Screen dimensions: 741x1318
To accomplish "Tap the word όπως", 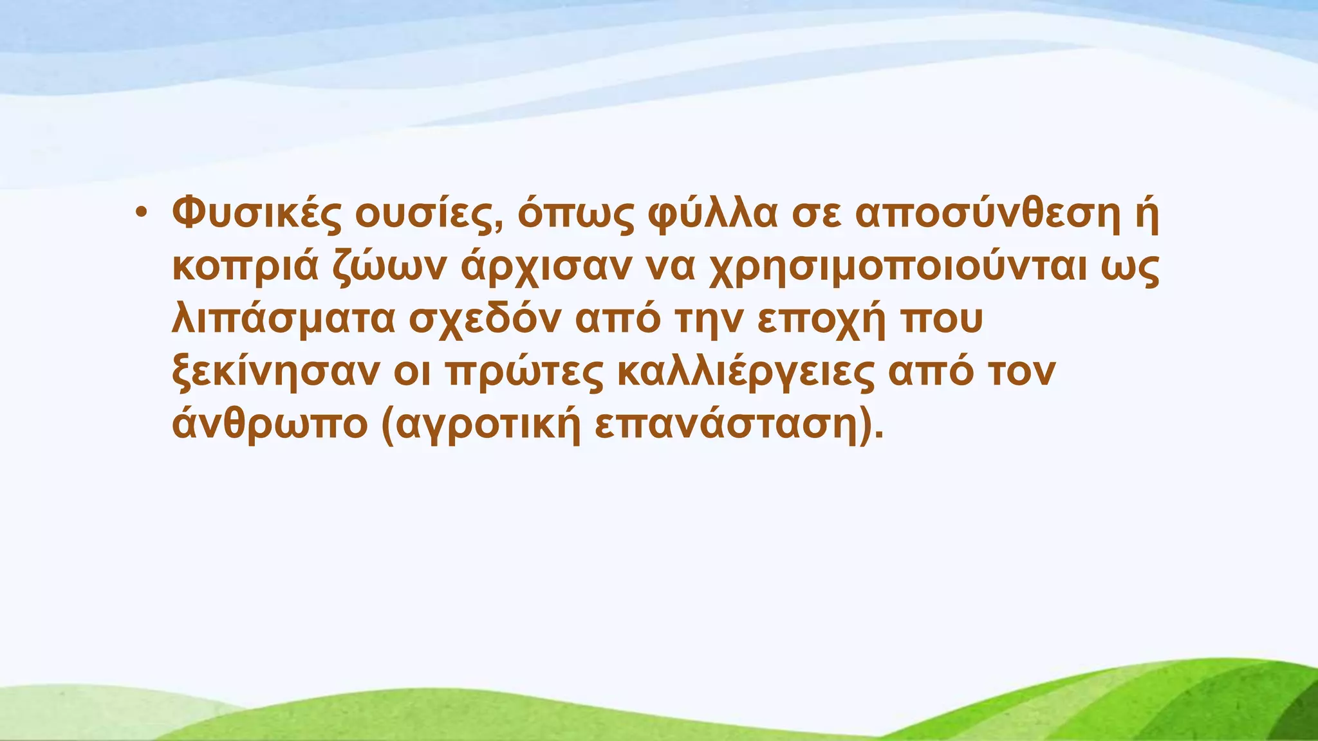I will (x=567, y=215).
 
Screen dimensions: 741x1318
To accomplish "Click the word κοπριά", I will (x=245, y=267).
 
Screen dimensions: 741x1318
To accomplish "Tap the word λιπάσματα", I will (x=283, y=320).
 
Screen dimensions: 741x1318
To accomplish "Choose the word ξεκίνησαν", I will (x=275, y=372).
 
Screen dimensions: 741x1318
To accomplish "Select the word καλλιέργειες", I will (x=746, y=372).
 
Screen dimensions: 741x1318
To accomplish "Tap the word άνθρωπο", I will (x=269, y=425).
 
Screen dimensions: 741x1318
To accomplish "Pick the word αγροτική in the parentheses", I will (x=482, y=425).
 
